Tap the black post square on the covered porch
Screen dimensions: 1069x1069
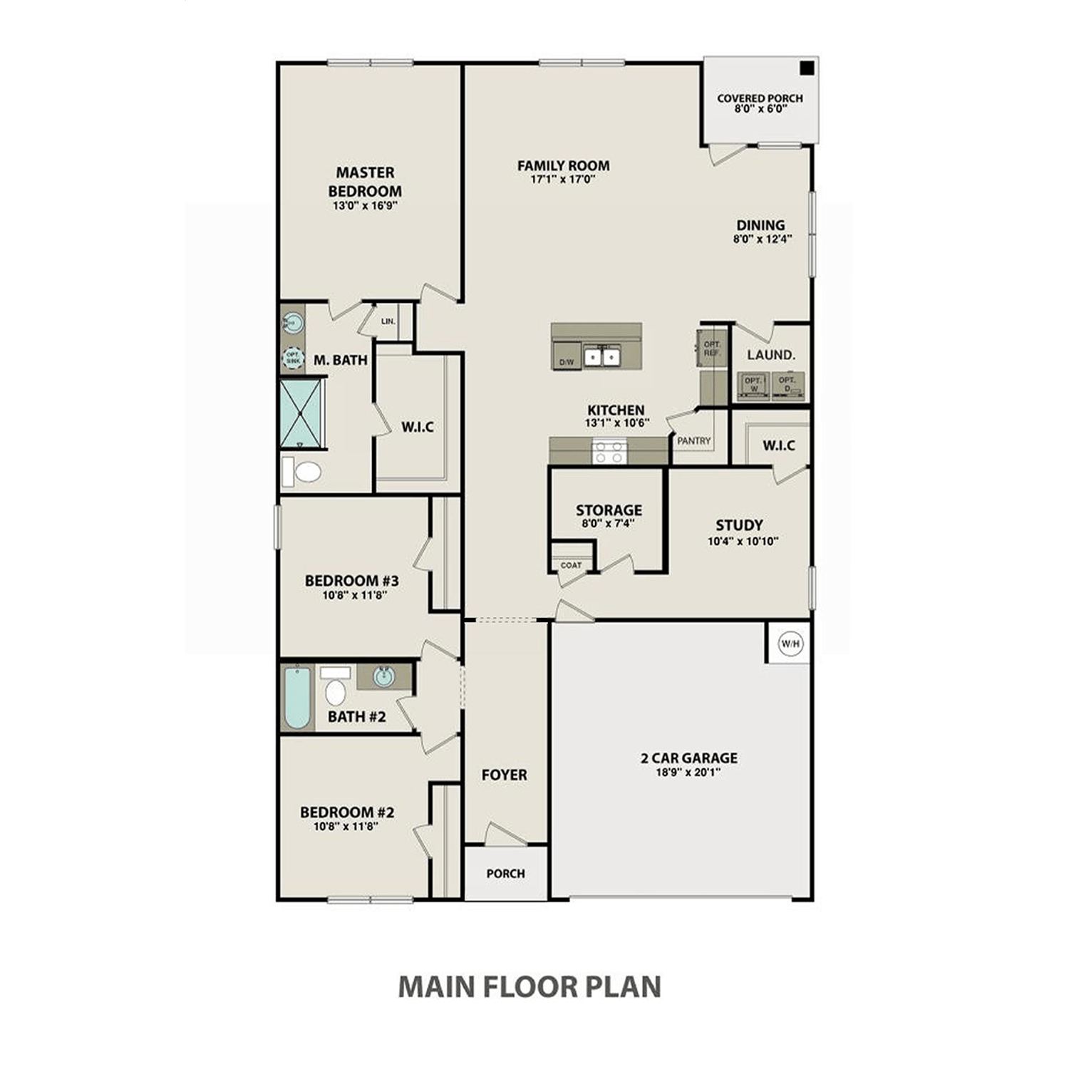[x=806, y=68]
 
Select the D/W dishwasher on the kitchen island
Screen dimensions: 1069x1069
[x=567, y=361]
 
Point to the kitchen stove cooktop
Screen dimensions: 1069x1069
[x=609, y=452]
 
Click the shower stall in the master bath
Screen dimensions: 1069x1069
[x=301, y=414]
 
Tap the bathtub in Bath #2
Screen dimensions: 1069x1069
[x=297, y=698]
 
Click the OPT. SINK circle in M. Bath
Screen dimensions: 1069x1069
[x=293, y=358]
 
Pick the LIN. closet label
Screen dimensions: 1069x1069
[x=388, y=321]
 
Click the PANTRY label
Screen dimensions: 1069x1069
[x=693, y=441]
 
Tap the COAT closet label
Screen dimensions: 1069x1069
[x=571, y=565]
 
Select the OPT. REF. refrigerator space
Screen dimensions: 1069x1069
[x=712, y=348]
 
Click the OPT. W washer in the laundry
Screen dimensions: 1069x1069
[x=753, y=385]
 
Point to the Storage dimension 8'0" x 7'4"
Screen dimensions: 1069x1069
[x=608, y=523]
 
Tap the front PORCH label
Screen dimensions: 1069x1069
[x=505, y=874]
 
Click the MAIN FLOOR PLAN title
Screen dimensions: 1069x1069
[x=530, y=987]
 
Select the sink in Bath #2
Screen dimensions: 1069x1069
[x=383, y=676]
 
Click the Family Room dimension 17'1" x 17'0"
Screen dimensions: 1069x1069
[x=563, y=180]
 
